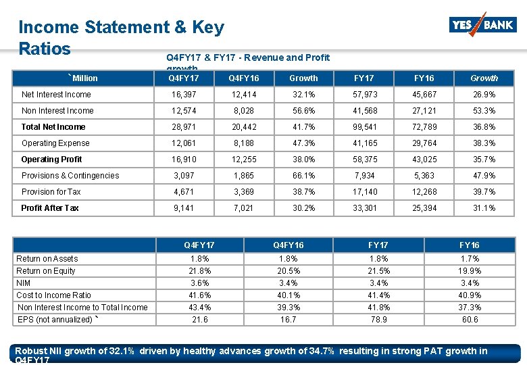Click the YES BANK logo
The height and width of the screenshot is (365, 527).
click(x=482, y=26)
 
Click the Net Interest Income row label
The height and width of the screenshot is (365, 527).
click(x=56, y=95)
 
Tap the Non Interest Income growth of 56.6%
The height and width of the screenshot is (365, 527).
click(x=303, y=111)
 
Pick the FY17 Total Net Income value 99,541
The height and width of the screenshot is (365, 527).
click(x=364, y=127)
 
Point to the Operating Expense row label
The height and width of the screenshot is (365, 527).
click(x=55, y=143)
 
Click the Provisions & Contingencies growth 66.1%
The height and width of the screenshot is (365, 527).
click(x=303, y=176)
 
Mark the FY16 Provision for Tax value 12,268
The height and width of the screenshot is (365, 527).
click(x=425, y=192)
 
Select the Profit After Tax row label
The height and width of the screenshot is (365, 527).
click(x=50, y=208)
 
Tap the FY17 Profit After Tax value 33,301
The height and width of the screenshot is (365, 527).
click(x=364, y=208)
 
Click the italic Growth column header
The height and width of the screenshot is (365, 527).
click(x=484, y=78)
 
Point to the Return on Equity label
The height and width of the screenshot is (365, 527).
click(x=46, y=271)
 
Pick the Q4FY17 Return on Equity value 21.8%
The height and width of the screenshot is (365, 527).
click(x=200, y=271)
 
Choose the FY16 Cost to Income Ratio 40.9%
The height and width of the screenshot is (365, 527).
click(x=470, y=295)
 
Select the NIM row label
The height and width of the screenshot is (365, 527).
click(x=24, y=283)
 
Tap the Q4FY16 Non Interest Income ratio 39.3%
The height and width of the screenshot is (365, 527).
click(x=288, y=308)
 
